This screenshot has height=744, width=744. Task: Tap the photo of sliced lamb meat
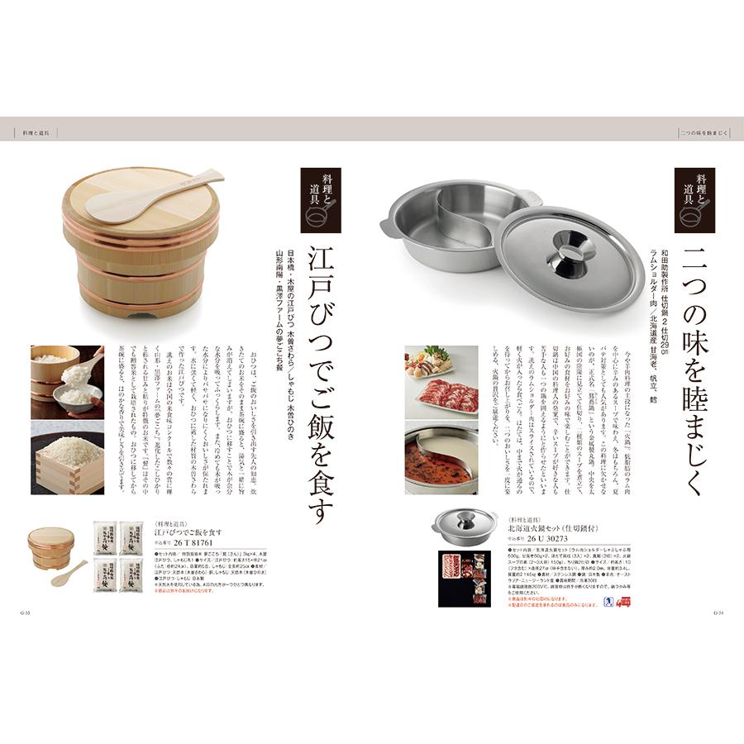[x=441, y=383]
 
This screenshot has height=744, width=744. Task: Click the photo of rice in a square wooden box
[x=67, y=458]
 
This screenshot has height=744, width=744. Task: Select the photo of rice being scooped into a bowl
[x=67, y=381]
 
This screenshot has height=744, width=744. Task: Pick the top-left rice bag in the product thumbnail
[x=106, y=537]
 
